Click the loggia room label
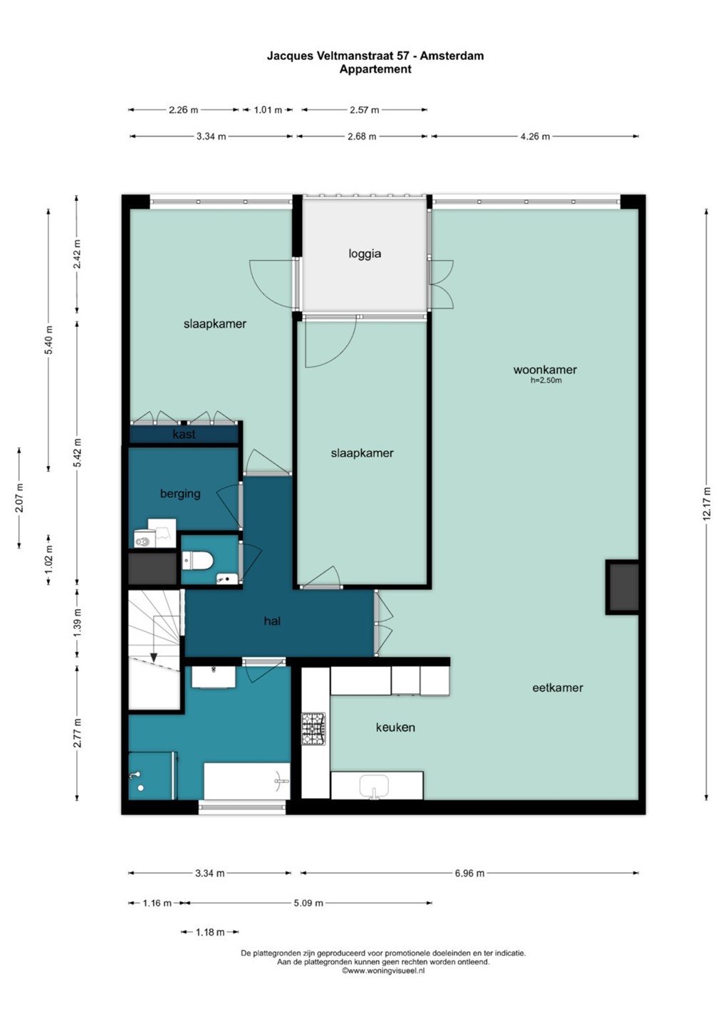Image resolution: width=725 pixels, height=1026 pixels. [365, 254]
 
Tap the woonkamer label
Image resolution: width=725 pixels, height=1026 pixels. [545, 369]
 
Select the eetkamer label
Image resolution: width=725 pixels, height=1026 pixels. [558, 688]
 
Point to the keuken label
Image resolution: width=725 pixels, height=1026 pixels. [395, 727]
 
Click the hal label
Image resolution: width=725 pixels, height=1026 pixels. [272, 621]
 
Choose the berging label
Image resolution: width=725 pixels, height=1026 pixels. [180, 494]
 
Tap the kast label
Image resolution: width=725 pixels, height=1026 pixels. [184, 434]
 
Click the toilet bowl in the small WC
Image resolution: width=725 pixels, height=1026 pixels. [198, 560]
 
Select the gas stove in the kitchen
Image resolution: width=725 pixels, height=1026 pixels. [313, 729]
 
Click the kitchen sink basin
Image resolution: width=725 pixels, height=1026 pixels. [374, 787]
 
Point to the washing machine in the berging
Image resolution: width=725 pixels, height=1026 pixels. [145, 539]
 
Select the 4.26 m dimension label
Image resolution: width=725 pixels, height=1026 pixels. [535, 137]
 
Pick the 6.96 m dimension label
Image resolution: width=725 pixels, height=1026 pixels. [469, 874]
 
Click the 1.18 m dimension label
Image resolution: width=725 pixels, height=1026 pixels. [210, 932]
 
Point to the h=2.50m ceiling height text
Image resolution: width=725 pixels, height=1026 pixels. [546, 380]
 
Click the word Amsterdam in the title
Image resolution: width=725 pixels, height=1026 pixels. [452, 56]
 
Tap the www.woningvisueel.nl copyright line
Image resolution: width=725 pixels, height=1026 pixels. [383, 970]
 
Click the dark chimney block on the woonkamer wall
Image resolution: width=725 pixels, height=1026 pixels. [622, 587]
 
